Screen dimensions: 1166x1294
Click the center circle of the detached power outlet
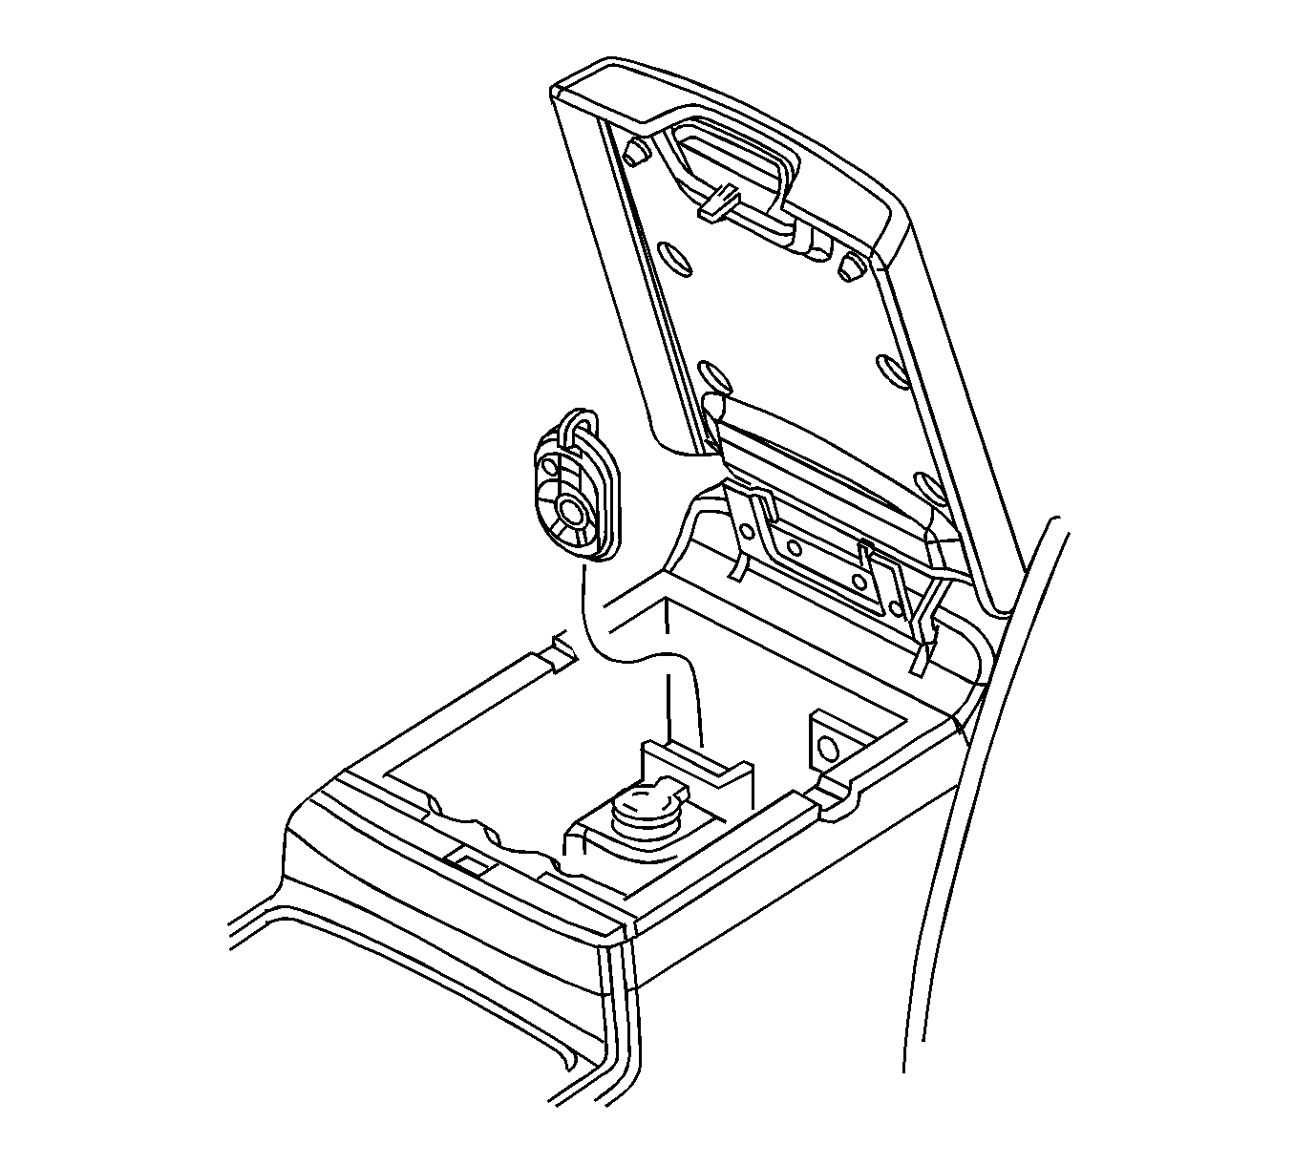click(x=573, y=510)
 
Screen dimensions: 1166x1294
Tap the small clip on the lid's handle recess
click(x=721, y=201)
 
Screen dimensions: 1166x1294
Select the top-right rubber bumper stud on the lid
click(x=850, y=267)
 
